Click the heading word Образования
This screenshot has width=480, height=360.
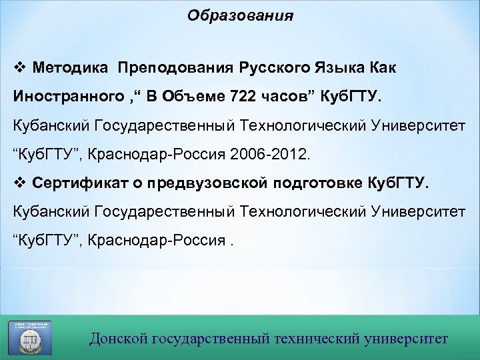click(240, 15)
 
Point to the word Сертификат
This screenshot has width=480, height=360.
click(73, 183)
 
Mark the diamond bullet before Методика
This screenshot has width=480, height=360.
click(19, 67)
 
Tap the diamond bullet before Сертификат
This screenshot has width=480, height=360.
click(19, 183)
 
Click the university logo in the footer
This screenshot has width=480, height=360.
click(29, 337)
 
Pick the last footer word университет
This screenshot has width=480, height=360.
click(407, 339)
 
